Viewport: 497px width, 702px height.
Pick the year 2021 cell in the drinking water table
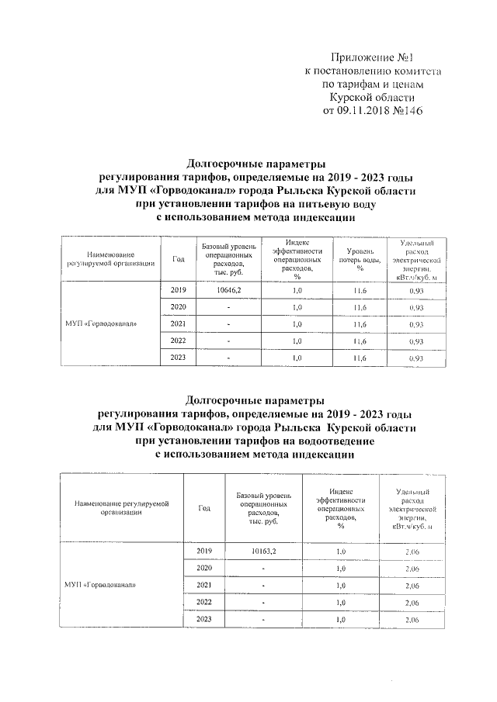point(178,323)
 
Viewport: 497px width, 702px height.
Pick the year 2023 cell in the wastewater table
point(204,619)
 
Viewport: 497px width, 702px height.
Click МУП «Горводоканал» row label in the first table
point(102,323)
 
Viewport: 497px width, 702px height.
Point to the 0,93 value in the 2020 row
point(415,306)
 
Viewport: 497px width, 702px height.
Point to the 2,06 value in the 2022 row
point(412,602)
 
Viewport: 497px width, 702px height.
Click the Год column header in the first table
point(178,259)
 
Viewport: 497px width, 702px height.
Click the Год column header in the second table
point(204,509)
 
